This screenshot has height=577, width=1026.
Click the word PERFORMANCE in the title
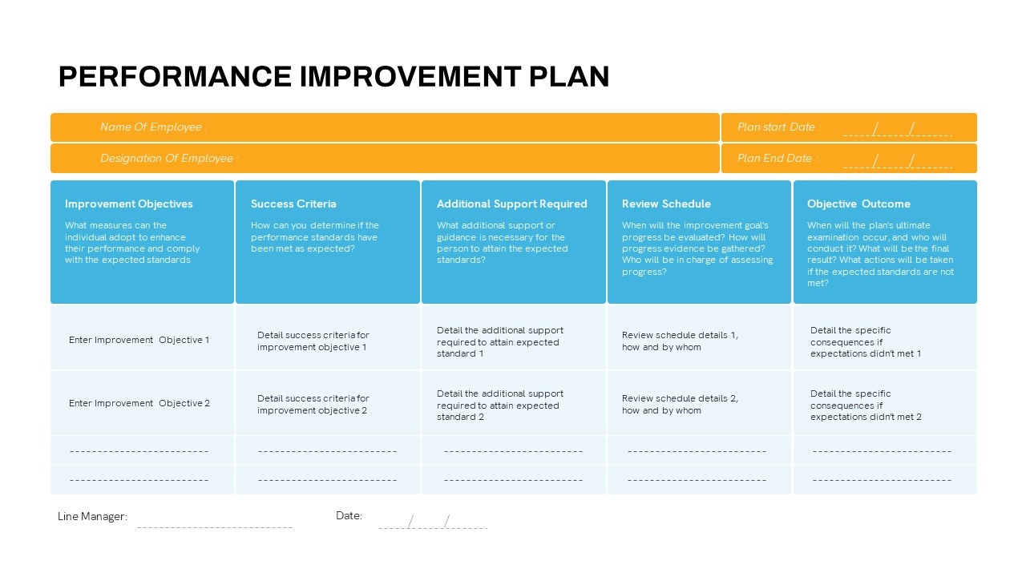point(175,76)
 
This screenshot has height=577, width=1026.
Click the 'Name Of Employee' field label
point(153,127)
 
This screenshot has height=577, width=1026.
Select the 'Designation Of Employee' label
point(169,158)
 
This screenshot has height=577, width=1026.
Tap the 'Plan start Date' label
point(778,127)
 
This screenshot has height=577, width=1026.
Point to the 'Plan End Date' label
point(778,158)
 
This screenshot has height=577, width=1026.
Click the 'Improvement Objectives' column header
point(129,204)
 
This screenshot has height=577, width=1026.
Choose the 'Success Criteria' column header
point(293,204)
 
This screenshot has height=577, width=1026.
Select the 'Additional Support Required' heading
point(511,204)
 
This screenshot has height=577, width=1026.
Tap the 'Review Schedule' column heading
point(666,204)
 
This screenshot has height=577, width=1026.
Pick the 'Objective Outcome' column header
point(858,204)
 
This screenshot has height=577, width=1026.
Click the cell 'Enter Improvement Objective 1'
point(139,340)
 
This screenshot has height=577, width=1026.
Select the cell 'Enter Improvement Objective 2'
point(139,403)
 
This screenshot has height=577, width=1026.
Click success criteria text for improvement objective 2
point(313,405)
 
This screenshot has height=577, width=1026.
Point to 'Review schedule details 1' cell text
point(680,341)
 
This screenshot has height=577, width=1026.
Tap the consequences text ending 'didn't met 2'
point(866,406)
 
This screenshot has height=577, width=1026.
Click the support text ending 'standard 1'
point(499,342)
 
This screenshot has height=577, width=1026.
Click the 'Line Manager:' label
point(92,517)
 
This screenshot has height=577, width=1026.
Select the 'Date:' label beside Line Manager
point(349,515)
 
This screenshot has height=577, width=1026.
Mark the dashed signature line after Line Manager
point(214,527)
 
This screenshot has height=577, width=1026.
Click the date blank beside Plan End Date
point(897,161)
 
